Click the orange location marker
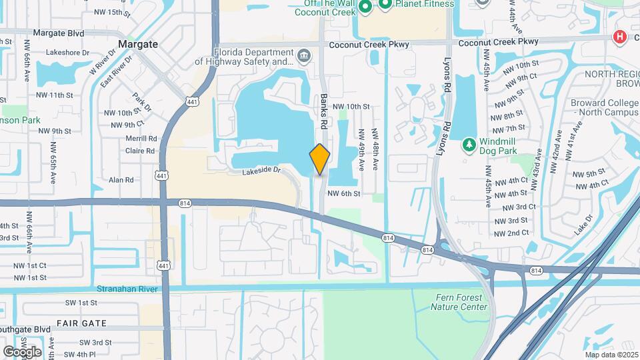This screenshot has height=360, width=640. click(320, 159)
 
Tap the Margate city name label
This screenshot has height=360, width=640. click(138, 44)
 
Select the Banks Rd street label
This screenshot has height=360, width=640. click(324, 111)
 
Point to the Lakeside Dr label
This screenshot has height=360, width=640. click(262, 171)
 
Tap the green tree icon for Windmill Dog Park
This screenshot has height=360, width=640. click(469, 144)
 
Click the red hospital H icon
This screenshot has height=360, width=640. click(621, 37)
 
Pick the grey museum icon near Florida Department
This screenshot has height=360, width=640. click(304, 54)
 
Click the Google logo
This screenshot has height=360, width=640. click(22, 351)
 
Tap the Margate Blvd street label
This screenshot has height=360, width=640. click(58, 33)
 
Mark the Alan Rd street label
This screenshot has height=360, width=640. click(121, 180)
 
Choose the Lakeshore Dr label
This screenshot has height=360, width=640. click(67, 53)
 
